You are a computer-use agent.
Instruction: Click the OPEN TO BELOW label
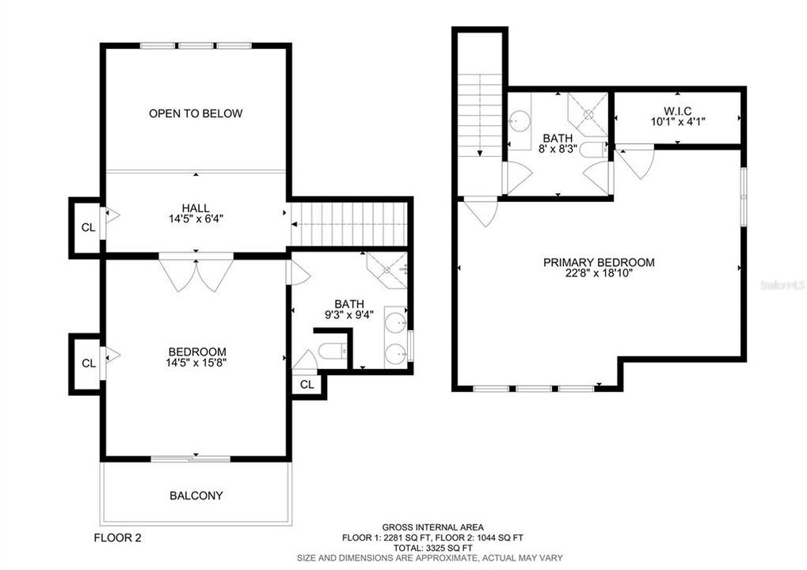[196, 113]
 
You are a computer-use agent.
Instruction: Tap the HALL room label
[196, 207]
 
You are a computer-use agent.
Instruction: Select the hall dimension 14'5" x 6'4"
[196, 220]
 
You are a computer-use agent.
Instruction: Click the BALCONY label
[196, 496]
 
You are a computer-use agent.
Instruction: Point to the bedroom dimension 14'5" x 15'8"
[196, 365]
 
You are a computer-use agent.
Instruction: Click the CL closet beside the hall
[88, 227]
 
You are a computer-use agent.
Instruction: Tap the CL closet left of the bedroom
[88, 363]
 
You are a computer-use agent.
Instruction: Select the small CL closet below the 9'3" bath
[307, 384]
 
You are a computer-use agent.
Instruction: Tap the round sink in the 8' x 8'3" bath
[520, 120]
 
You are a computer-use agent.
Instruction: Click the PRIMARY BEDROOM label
[599, 262]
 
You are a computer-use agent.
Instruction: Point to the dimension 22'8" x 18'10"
[599, 275]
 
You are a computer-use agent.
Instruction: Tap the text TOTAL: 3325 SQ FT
[432, 548]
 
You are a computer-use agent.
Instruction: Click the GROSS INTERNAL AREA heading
[432, 527]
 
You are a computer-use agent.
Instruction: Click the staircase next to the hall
[348, 224]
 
